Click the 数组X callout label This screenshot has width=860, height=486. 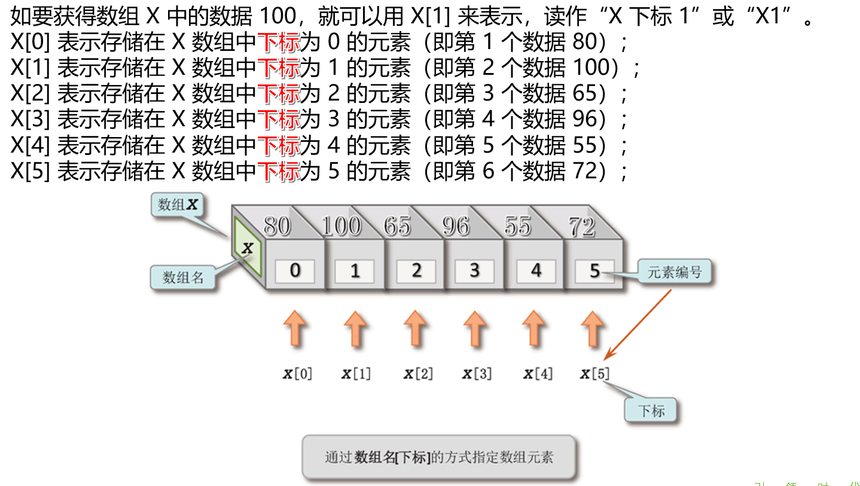[177, 204]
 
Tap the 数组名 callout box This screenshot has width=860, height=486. [183, 277]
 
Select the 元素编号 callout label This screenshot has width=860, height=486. [675, 272]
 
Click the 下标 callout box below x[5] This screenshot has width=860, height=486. [651, 411]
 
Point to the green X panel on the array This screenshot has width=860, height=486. [248, 247]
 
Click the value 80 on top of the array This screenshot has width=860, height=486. [277, 226]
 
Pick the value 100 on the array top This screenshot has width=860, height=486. [341, 226]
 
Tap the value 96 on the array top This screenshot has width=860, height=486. [456, 226]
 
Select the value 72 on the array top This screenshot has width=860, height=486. [582, 226]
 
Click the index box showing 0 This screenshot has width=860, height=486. [295, 271]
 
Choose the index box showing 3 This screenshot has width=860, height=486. [474, 271]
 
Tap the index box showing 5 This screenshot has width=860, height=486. [594, 271]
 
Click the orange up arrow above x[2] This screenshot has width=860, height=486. [416, 329]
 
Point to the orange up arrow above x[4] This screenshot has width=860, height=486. [534, 329]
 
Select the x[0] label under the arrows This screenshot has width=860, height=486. [298, 373]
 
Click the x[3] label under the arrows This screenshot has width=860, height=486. [477, 373]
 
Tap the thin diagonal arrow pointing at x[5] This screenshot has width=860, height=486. [638, 325]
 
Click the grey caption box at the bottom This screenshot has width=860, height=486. [439, 457]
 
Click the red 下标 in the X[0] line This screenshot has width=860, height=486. [278, 42]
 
